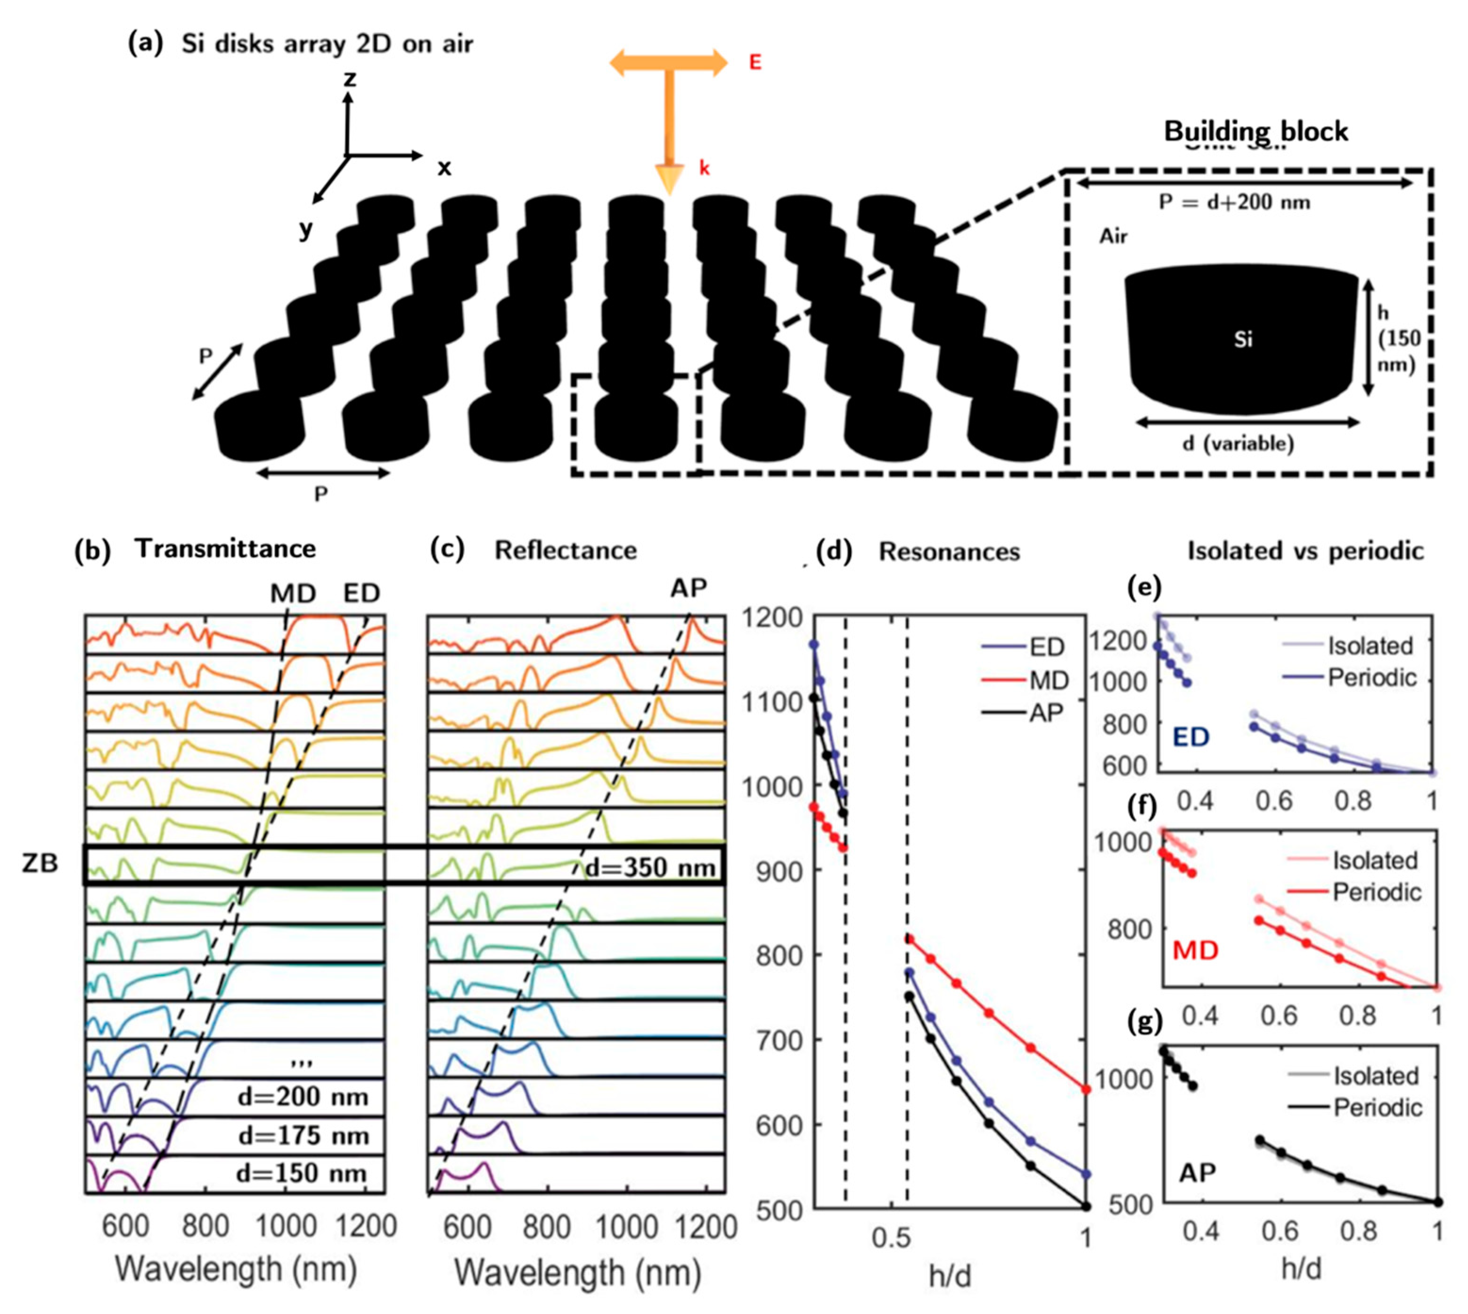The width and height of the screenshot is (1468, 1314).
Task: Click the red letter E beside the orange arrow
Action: (x=754, y=63)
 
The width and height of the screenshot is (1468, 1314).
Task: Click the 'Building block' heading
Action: (x=1256, y=132)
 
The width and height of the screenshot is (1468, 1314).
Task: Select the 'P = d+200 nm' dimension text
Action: (x=1234, y=202)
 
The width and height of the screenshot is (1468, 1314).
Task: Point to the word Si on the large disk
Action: (x=1243, y=339)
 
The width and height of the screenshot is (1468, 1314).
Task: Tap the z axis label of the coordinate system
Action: (x=350, y=78)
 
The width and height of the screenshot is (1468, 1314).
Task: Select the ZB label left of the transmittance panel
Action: (x=40, y=863)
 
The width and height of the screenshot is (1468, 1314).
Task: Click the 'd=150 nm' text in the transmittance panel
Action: (x=302, y=1173)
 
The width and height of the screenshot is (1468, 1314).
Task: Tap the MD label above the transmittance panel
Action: (x=293, y=594)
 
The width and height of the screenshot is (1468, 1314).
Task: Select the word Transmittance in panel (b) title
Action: (x=225, y=549)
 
